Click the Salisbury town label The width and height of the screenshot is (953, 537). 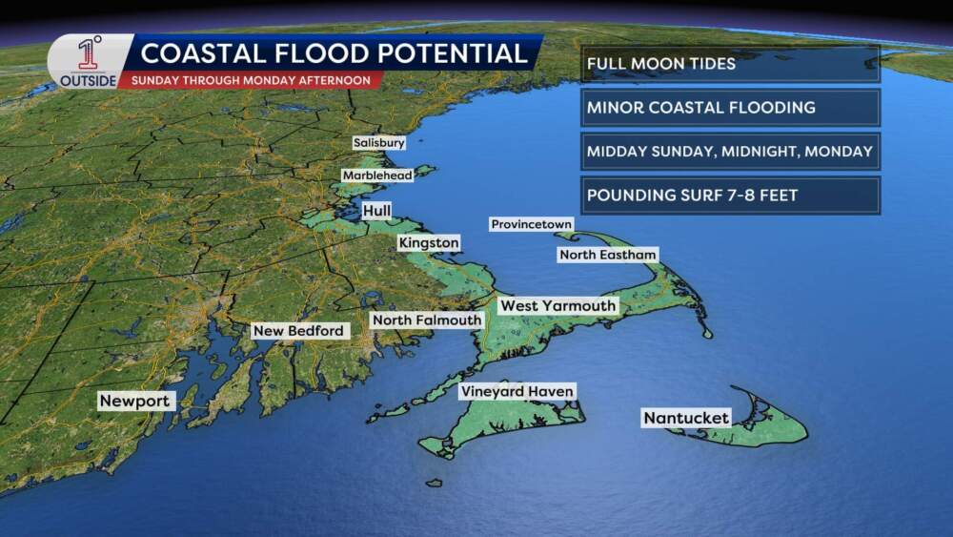pos(379,143)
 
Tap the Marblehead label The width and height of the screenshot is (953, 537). pos(377,176)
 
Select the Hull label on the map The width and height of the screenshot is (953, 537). pos(377,210)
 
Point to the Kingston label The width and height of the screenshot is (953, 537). pos(429,244)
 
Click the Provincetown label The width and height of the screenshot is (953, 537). pos(532,224)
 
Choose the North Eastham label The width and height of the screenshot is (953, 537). pos(608,255)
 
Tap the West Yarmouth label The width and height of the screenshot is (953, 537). pos(558,305)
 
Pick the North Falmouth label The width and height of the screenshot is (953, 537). pos(426,320)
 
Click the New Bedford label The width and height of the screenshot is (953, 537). pos(298,331)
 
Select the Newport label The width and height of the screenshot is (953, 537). pos(135,402)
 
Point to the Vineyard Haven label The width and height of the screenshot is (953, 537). pos(517,391)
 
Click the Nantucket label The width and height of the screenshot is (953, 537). pos(686,418)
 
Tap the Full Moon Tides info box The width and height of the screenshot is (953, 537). pos(730,64)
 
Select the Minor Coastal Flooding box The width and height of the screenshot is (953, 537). pos(730,108)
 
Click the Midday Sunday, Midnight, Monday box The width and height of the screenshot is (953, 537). pos(730,151)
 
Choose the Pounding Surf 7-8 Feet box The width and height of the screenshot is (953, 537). pos(730,196)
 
